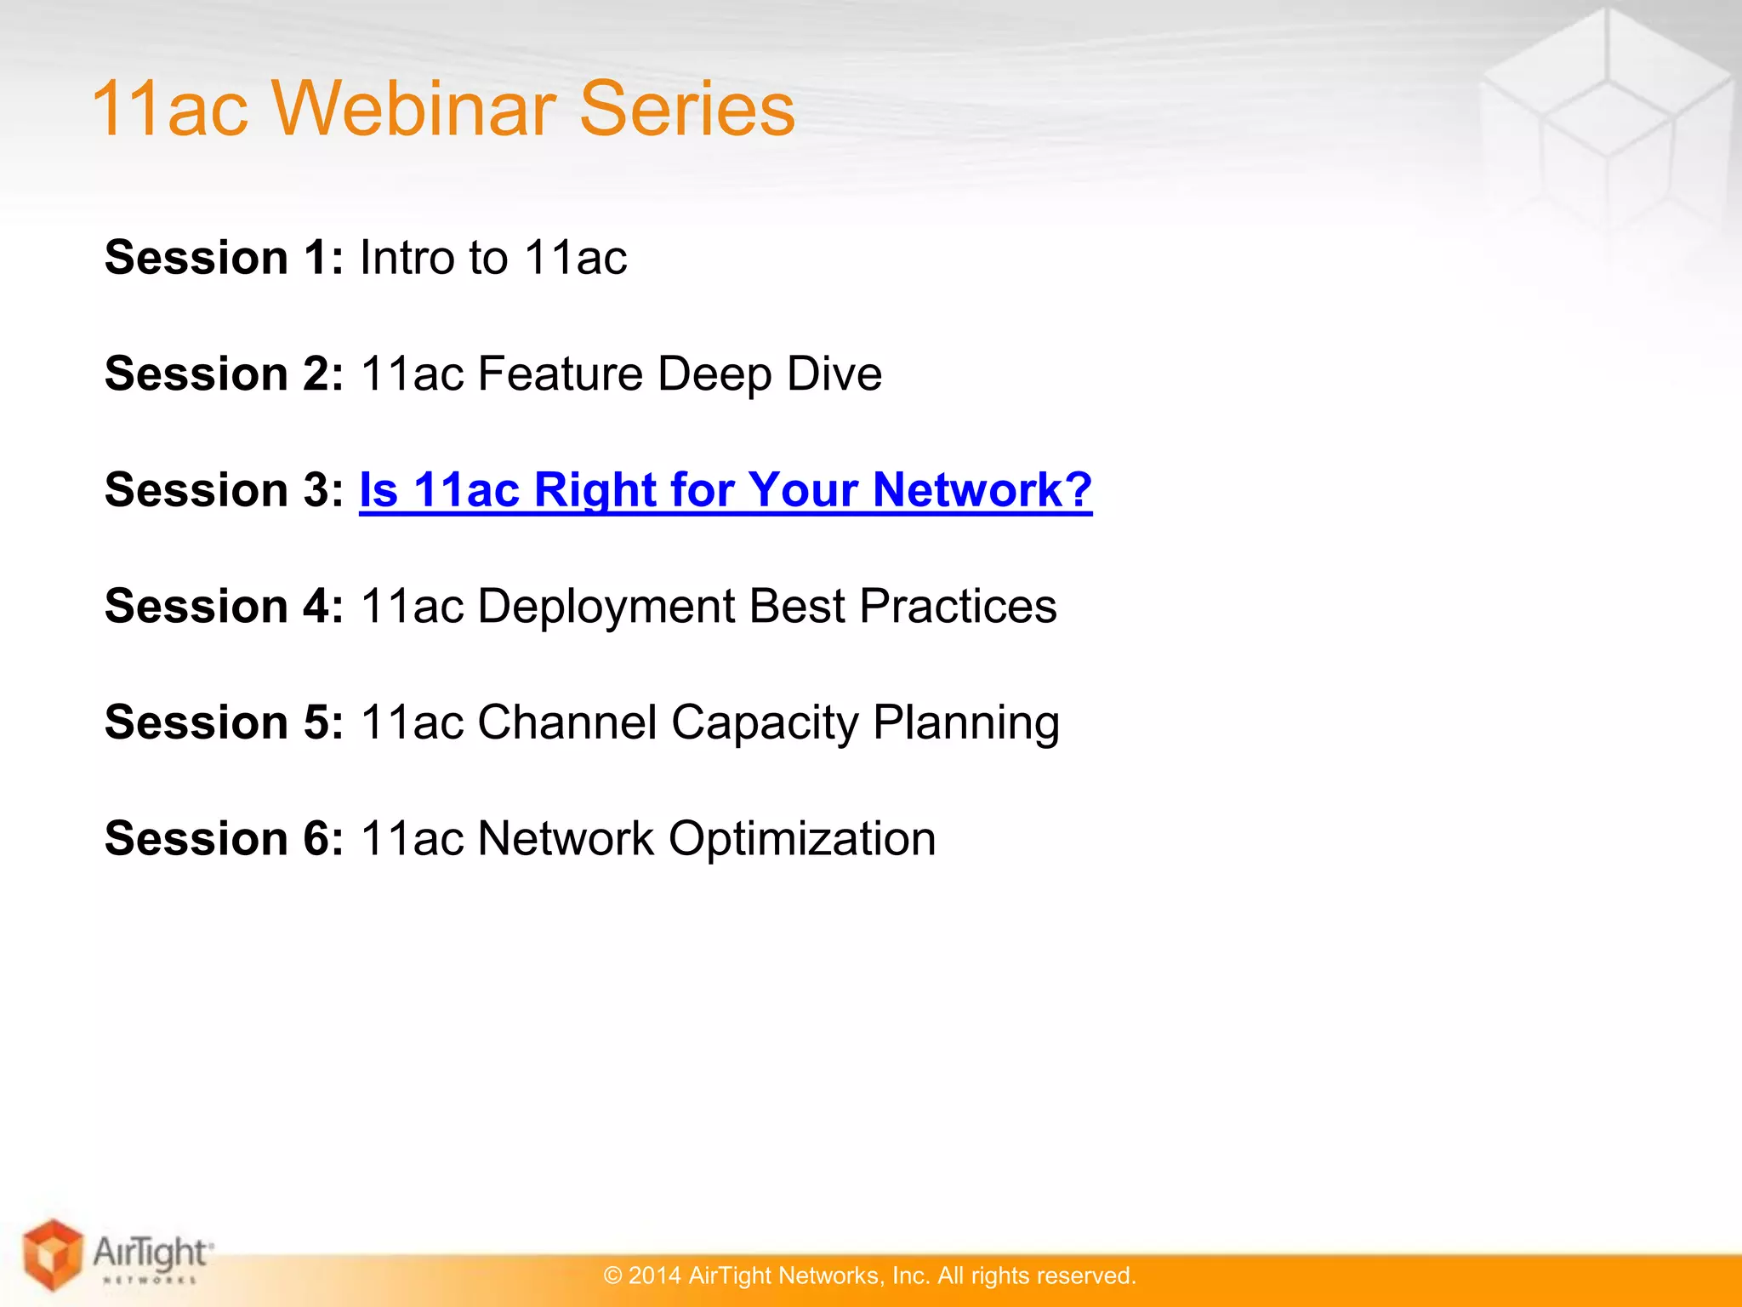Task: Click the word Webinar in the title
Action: click(x=415, y=108)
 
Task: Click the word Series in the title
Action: click(x=686, y=108)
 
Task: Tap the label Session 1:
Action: click(x=224, y=257)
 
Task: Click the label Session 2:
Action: click(x=224, y=374)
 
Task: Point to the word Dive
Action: click(x=834, y=374)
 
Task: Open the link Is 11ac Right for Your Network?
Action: click(x=725, y=490)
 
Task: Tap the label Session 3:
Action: click(x=224, y=490)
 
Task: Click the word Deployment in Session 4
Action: click(x=605, y=606)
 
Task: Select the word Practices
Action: click(x=958, y=606)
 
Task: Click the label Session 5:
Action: click(x=224, y=722)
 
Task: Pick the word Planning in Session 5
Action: click(x=966, y=724)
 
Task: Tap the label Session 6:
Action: click(x=224, y=838)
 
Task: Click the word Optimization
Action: click(x=801, y=840)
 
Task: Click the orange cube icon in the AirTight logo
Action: click(x=53, y=1254)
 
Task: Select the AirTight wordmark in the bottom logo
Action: click(x=150, y=1252)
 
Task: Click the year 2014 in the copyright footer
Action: click(x=654, y=1276)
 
